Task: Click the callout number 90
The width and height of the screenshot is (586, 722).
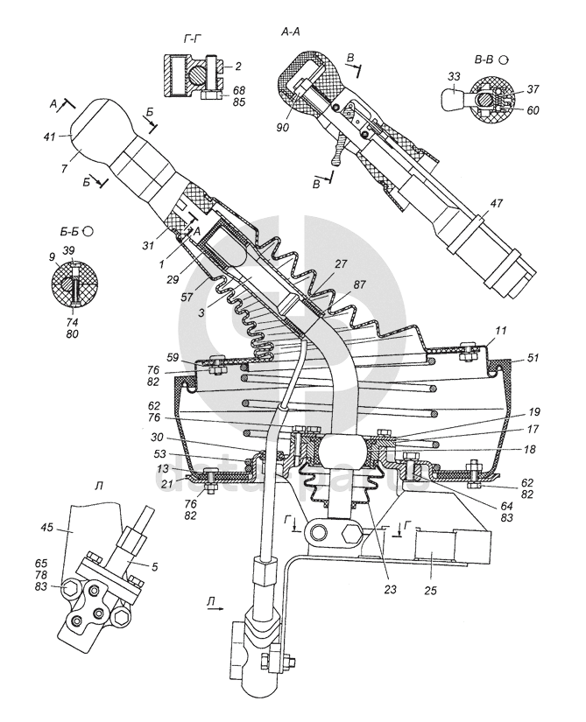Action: pos(283,126)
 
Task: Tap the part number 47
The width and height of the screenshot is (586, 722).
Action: pos(496,203)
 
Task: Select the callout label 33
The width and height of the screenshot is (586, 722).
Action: pos(454,77)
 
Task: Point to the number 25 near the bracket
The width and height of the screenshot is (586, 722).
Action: pos(430,591)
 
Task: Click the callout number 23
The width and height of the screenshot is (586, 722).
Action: pos(390,589)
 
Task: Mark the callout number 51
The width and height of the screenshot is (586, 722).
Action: pos(533,358)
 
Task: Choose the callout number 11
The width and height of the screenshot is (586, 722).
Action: pos(501,331)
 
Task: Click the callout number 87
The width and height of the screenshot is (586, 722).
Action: pos(360,284)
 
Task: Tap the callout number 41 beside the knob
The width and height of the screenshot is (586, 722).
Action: pos(50,137)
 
